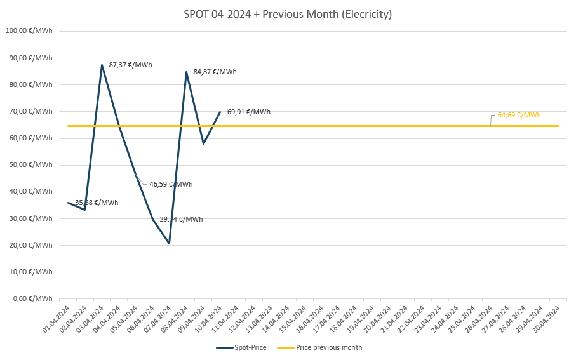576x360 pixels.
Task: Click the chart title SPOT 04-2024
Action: (288, 14)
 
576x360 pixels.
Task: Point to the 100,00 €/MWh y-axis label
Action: (29, 31)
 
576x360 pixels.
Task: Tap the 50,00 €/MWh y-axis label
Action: (29, 164)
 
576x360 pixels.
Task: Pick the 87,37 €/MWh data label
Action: (130, 65)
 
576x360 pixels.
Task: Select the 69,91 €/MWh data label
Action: (248, 112)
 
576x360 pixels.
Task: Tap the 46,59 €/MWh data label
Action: (171, 184)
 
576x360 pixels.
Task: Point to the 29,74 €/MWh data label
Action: (181, 219)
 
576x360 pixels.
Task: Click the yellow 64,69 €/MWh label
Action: (519, 115)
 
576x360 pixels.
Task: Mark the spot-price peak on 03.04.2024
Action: (102, 65)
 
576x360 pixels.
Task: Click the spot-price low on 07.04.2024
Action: (170, 243)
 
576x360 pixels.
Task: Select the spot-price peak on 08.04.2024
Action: (186, 72)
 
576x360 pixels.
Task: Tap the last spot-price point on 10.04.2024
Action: (220, 112)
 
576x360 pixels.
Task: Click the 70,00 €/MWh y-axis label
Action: (29, 111)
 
